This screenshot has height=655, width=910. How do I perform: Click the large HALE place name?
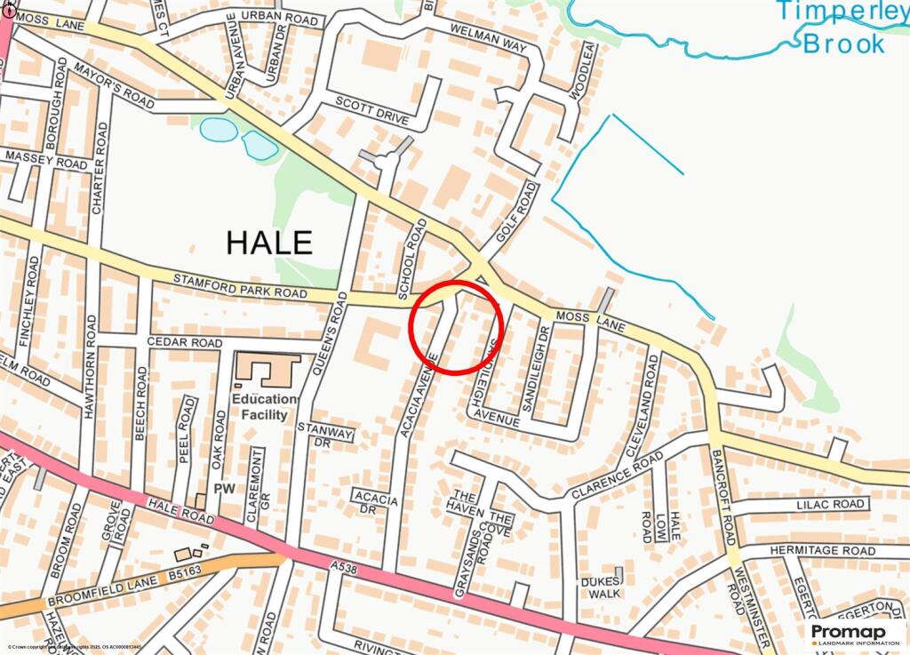click(x=269, y=242)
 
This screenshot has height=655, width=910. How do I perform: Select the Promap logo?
click(x=853, y=634)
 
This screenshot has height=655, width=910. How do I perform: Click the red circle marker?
click(x=458, y=327)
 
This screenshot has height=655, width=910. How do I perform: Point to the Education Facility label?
click(x=261, y=407)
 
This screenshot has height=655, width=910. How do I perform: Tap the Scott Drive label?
click(x=371, y=111)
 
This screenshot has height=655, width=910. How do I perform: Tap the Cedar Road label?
click(x=183, y=342)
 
